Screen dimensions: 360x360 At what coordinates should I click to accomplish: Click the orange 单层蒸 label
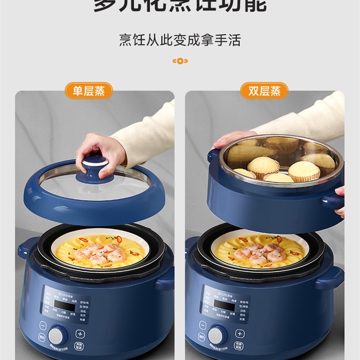click(89, 90)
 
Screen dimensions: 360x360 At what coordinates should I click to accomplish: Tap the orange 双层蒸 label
click(265, 90)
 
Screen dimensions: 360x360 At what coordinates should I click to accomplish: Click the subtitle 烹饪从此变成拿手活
click(180, 40)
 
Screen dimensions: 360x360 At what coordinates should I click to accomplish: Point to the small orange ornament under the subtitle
click(180, 61)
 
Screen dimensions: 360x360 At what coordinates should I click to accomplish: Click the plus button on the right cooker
click(240, 333)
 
